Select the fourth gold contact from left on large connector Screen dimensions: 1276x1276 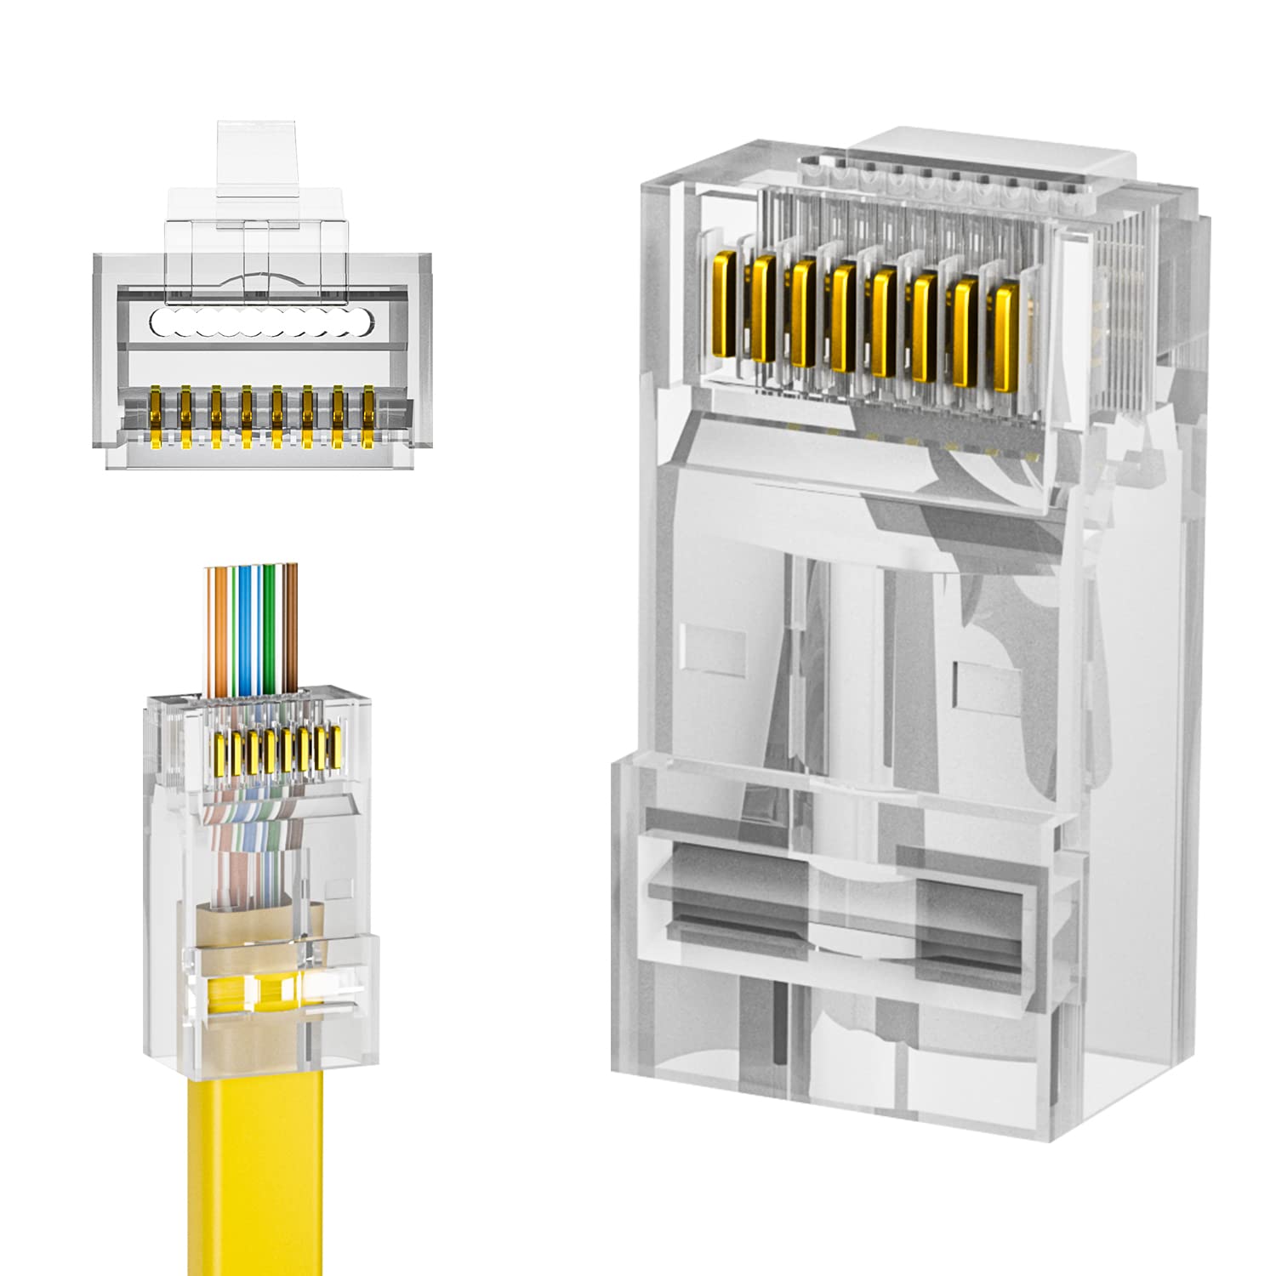click(844, 316)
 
